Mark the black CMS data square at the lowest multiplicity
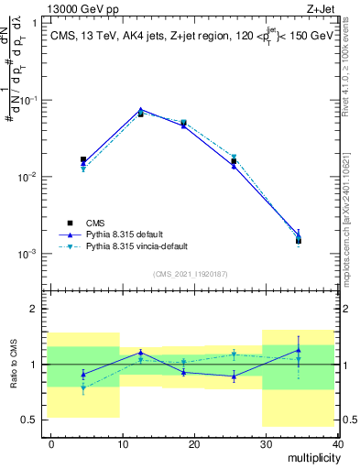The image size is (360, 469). point(83,159)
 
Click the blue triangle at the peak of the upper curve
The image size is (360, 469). point(140,110)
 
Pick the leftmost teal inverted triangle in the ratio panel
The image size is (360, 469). point(83,388)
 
